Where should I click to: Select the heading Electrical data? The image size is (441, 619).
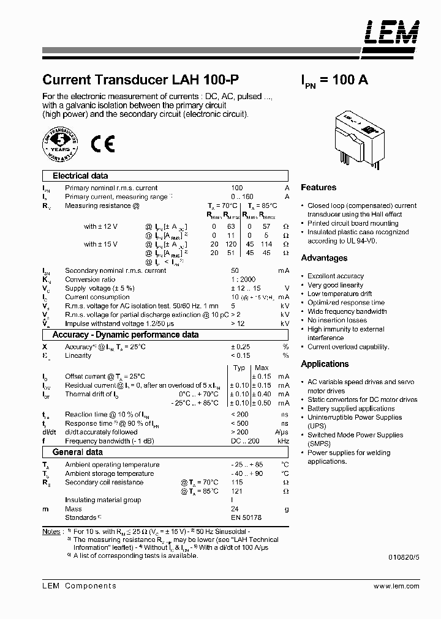coord(80,176)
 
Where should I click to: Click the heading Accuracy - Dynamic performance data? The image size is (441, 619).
coord(125,335)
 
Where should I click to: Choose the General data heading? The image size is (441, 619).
coord(77,453)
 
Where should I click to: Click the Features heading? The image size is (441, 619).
coord(318,188)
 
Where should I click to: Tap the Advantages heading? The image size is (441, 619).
coord(324,258)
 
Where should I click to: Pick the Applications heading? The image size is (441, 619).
coord(325,364)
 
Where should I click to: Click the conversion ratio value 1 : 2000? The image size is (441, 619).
coord(243,280)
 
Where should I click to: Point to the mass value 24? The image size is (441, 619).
coord(235,509)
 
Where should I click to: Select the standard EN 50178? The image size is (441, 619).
coord(246,517)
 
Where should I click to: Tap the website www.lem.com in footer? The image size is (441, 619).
coord(396,586)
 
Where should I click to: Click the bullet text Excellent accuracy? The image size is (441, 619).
coord(335,276)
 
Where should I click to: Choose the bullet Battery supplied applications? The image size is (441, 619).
coord(350,409)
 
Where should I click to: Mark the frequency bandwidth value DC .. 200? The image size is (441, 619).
coord(245,441)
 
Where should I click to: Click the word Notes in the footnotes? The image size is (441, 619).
coord(52,532)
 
